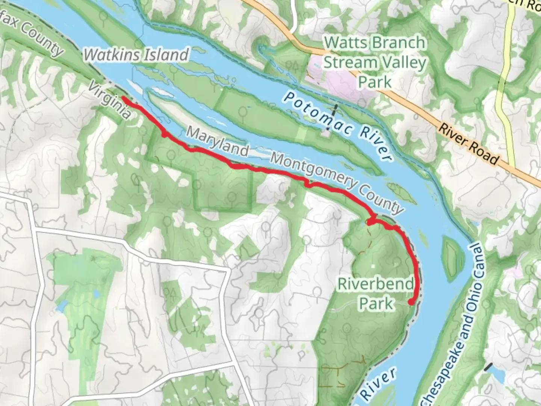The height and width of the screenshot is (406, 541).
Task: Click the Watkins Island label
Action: tap(136, 55)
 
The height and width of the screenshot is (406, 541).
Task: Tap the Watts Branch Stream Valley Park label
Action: tap(375, 62)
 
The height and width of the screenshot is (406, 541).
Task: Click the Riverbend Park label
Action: tap(376, 293)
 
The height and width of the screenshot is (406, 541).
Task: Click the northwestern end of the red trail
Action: tap(123, 98)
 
